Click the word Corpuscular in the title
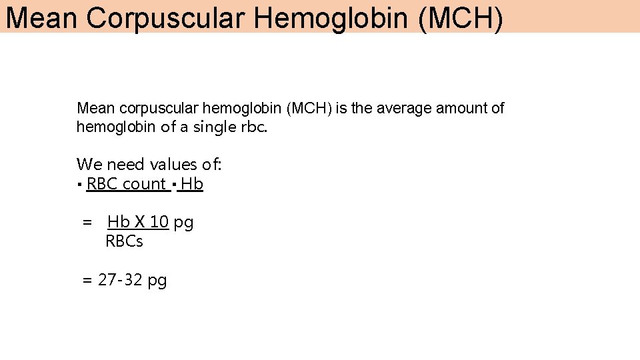(x=165, y=18)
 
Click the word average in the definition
(x=405, y=108)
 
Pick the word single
(x=215, y=127)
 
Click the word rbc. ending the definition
(x=255, y=127)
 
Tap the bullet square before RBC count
(x=79, y=185)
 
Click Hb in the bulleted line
(x=192, y=184)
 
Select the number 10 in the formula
(x=159, y=222)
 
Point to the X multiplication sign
(x=140, y=222)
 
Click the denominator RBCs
(x=124, y=241)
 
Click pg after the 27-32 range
(x=157, y=281)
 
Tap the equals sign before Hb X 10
(x=87, y=223)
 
